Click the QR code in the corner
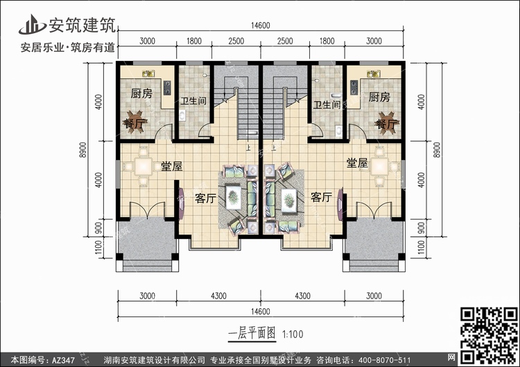[489, 335]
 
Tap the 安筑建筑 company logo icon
[32, 24]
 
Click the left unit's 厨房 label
[141, 93]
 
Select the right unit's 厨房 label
[379, 97]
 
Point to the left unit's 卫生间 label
[193, 100]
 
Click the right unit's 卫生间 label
[327, 105]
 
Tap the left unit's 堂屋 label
[172, 166]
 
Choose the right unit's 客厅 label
[321, 197]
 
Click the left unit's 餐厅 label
[134, 124]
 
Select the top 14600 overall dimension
[260, 26]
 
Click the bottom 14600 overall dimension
[260, 312]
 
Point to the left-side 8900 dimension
[83, 150]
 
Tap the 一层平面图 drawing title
[252, 333]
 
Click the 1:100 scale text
[293, 334]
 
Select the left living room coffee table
[234, 197]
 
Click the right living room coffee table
[289, 200]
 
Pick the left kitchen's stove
[167, 87]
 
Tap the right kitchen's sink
[374, 73]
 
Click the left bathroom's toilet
[182, 115]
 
